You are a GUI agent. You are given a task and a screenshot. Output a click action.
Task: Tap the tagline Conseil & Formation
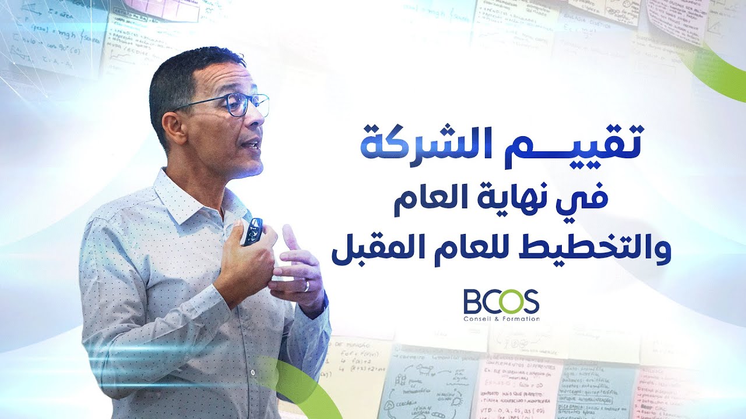[x=501, y=319]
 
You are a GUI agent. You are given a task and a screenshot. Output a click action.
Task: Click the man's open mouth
[x=252, y=145]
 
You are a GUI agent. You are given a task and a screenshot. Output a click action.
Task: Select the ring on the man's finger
[x=307, y=285]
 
